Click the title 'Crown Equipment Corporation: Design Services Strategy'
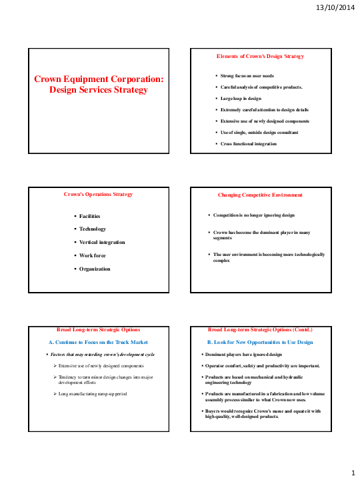tap(99, 84)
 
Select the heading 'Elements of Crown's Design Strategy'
tap(260, 56)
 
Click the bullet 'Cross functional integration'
tap(249, 143)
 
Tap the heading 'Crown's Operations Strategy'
tap(99, 195)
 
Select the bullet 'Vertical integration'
tap(102, 242)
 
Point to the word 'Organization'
tap(95, 269)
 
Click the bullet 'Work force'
tap(93, 255)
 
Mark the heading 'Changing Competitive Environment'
tap(260, 195)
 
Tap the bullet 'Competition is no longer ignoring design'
tap(253, 215)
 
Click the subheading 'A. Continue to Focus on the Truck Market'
tap(98, 342)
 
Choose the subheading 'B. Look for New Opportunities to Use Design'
tap(260, 342)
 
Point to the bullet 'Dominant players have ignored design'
tap(246, 355)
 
